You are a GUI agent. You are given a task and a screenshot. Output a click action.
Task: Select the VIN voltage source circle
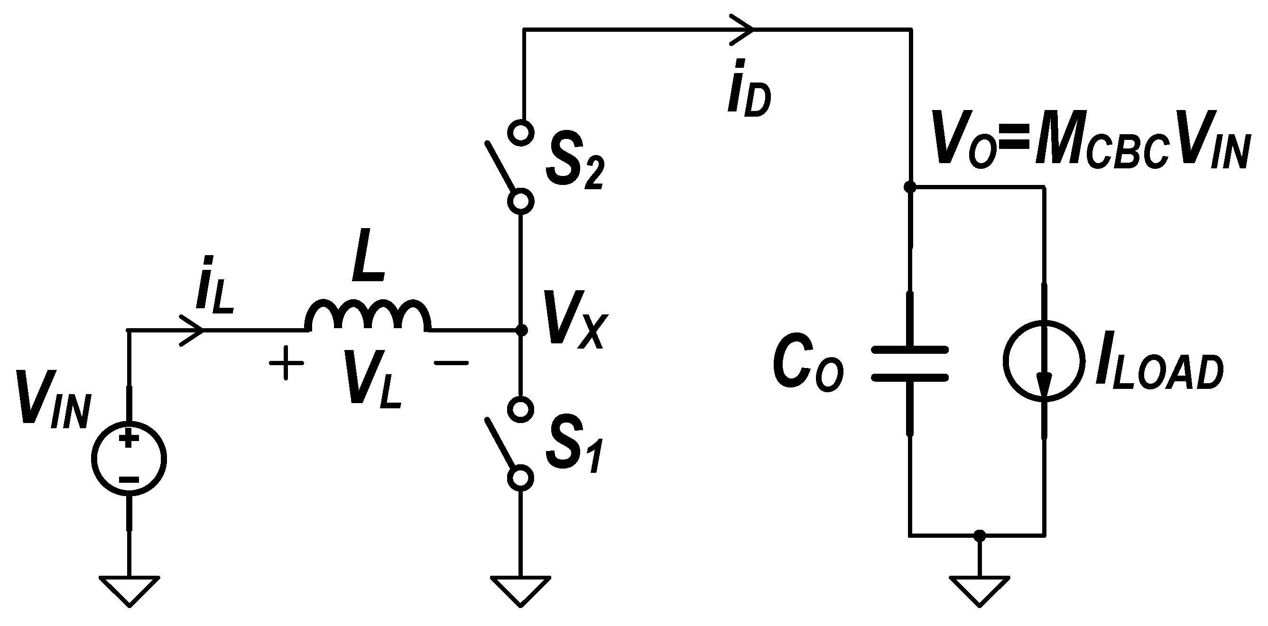pos(129,458)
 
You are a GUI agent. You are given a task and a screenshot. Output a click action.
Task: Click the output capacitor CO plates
pos(910,364)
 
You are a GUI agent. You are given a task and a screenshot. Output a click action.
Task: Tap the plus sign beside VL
pos(286,363)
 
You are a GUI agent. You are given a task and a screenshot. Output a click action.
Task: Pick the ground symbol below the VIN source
pos(129,589)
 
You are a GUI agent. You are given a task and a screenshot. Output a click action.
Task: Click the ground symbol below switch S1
pos(520,589)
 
